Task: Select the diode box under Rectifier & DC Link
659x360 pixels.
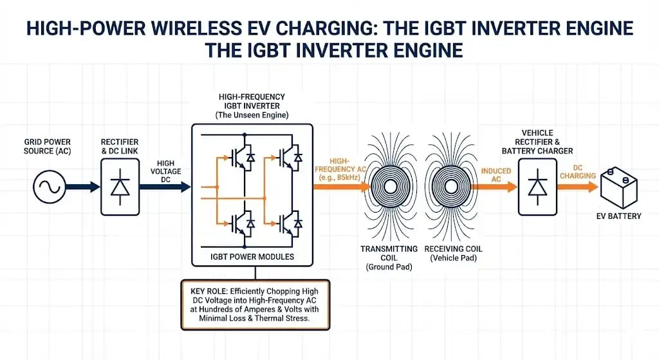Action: (120, 187)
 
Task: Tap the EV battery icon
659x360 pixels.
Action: (620, 186)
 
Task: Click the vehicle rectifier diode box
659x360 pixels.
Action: (538, 187)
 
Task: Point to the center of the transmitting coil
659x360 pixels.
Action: (391, 187)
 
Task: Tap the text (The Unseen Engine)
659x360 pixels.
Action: (252, 114)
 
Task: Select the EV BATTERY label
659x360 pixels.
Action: (619, 216)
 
